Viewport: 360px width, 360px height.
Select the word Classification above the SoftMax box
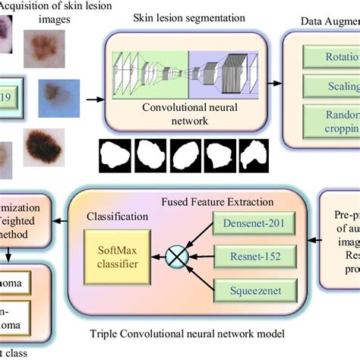115,216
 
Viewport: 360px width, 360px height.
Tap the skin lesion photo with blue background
52,97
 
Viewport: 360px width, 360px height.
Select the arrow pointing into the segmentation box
93,98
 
